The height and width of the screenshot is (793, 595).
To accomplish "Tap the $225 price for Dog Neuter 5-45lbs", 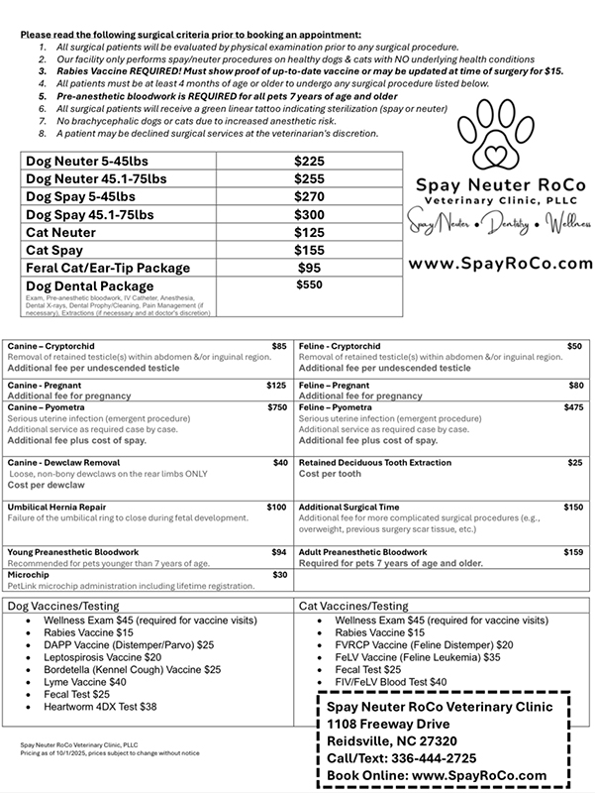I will [x=311, y=160].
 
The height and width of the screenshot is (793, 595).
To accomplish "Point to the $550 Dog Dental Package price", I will [x=311, y=285].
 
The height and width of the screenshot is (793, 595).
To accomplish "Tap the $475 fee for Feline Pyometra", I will [x=573, y=407].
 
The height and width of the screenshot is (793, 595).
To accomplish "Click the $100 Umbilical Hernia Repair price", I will [x=277, y=507].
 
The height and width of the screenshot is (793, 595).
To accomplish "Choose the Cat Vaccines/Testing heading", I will [x=353, y=605].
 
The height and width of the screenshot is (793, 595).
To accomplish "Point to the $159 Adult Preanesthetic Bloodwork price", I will [x=573, y=551].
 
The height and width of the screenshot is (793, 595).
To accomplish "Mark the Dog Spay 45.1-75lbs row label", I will [x=89, y=213].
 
